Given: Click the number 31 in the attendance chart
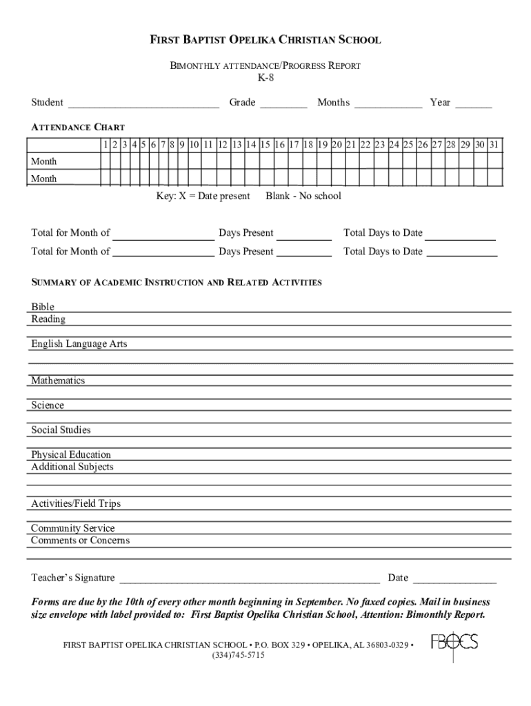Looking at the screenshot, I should [x=494, y=145].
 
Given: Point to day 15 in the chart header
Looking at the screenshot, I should [x=265, y=145].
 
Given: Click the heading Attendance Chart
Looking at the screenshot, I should [x=78, y=128].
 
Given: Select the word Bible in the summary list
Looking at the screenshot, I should [x=43, y=307].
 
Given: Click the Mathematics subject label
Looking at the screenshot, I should [x=58, y=381].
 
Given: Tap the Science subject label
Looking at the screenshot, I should [x=48, y=405].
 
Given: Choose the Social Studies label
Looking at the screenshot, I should [x=61, y=430].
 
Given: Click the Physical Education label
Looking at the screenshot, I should [x=71, y=455].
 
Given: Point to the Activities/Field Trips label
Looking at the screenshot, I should [x=76, y=504].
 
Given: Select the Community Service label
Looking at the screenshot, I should [x=73, y=529].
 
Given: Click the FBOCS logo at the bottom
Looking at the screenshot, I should [x=454, y=643].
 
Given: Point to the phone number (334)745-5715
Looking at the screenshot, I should [x=238, y=656].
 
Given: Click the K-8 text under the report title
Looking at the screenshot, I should [x=265, y=79].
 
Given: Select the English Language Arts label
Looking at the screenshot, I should [x=79, y=344].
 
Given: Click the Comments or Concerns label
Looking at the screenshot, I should [x=80, y=541].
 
